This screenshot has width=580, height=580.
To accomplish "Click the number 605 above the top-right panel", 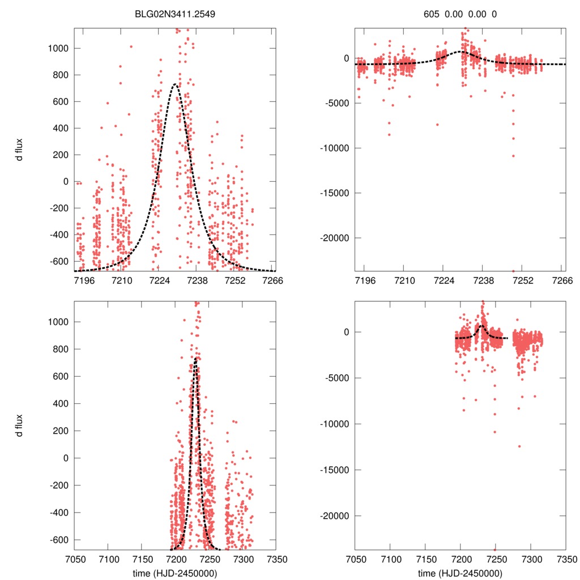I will [432, 14].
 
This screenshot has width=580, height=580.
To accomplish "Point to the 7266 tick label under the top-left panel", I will [274, 281].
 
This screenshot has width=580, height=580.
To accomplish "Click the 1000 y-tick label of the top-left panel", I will [58, 49].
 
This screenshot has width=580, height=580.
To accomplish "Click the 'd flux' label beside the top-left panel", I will [20, 153].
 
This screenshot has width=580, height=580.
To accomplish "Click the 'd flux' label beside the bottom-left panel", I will [20, 425].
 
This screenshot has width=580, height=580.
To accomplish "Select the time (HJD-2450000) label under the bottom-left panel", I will [175, 573].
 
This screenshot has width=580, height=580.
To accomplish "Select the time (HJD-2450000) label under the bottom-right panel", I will [459, 573].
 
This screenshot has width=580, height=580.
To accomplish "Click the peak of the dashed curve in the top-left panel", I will [174, 84].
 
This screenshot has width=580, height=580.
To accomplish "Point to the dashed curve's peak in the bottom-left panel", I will [195, 358].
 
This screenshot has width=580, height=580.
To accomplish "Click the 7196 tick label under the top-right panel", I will [364, 281].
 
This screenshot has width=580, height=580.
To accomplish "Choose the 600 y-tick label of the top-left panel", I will [60, 102].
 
